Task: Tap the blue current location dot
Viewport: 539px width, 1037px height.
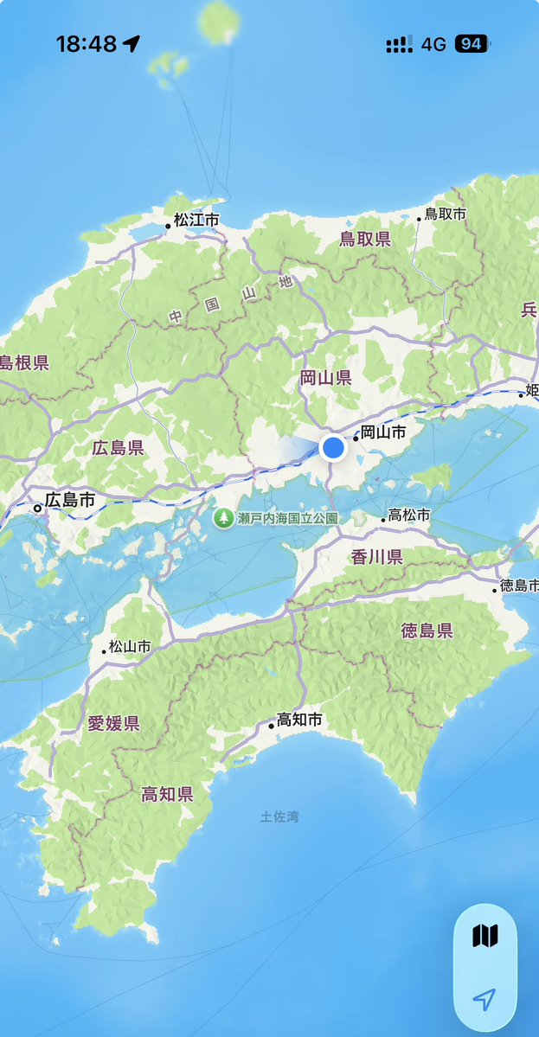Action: pyautogui.click(x=333, y=447)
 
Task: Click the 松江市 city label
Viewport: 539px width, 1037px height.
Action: pyautogui.click(x=196, y=221)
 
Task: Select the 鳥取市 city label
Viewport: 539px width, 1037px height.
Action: pyautogui.click(x=445, y=214)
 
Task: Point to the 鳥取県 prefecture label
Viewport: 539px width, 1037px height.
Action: pyautogui.click(x=365, y=239)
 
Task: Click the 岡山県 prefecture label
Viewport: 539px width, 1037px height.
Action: pyautogui.click(x=325, y=377)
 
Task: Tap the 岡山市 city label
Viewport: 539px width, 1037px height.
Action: pyautogui.click(x=382, y=432)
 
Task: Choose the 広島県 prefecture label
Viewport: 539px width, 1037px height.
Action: pyautogui.click(x=118, y=448)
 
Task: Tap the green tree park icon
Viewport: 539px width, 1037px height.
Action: pyautogui.click(x=224, y=518)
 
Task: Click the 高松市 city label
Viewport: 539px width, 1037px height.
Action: pyautogui.click(x=409, y=515)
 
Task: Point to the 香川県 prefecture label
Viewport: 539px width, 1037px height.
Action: pyautogui.click(x=377, y=557)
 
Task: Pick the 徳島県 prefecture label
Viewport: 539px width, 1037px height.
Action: pyautogui.click(x=427, y=631)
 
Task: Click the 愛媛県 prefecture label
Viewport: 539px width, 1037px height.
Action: pyautogui.click(x=113, y=723)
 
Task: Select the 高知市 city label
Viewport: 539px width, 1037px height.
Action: pyautogui.click(x=299, y=720)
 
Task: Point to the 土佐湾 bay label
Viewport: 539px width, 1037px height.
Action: pyautogui.click(x=279, y=816)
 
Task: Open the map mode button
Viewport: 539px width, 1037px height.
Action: pyautogui.click(x=485, y=936)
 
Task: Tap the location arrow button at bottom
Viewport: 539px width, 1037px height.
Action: pyautogui.click(x=484, y=999)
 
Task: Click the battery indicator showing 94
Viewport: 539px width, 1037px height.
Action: pyautogui.click(x=472, y=44)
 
